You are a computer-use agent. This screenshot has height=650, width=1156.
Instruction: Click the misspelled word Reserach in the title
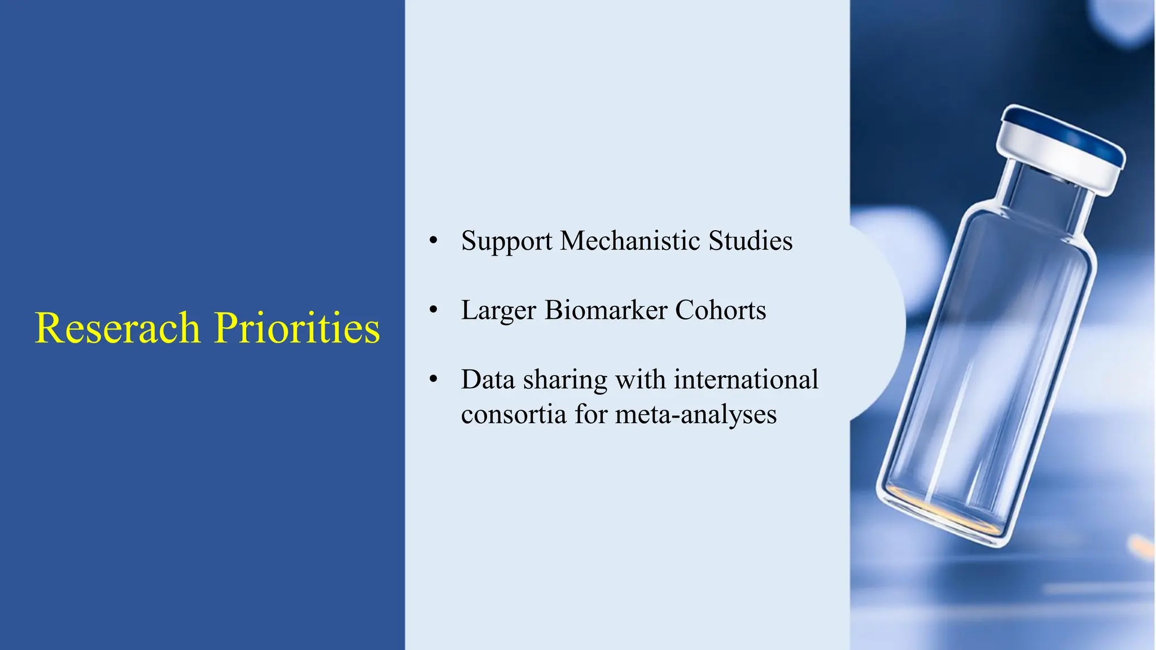tap(117, 328)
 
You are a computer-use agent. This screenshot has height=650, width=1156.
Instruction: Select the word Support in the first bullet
tap(506, 241)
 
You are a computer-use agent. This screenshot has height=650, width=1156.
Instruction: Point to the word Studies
tap(750, 241)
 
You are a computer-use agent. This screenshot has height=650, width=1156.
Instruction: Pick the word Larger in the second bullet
tap(498, 311)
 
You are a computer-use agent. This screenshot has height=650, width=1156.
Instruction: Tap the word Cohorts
tap(720, 310)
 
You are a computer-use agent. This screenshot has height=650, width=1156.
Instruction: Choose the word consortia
tap(514, 415)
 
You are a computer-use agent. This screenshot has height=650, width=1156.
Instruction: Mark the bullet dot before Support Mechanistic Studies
tap(433, 241)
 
